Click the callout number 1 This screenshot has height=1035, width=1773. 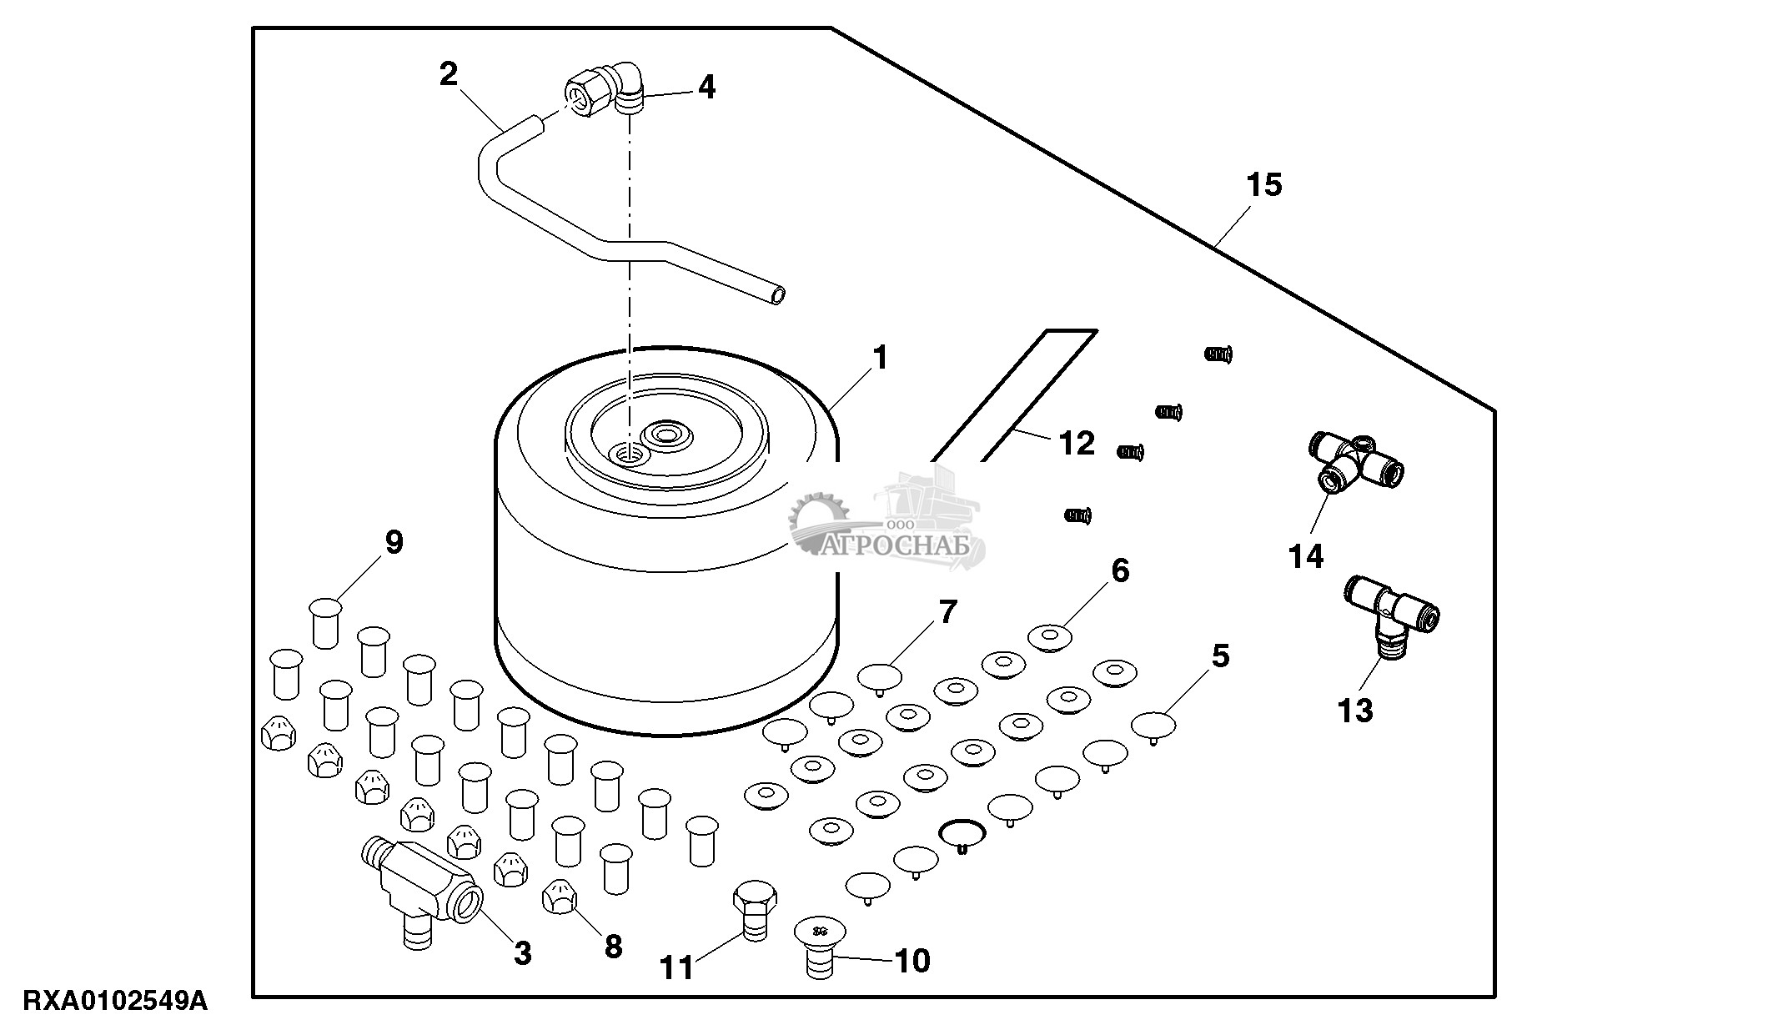click(879, 359)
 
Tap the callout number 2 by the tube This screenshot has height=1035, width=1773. click(449, 75)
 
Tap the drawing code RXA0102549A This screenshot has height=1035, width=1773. click(115, 1001)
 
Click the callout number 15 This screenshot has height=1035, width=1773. click(1264, 185)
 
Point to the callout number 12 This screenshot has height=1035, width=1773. click(1076, 443)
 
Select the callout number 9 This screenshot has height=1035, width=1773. click(394, 543)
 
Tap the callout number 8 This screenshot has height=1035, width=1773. click(613, 947)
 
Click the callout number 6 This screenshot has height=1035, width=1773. click(1120, 571)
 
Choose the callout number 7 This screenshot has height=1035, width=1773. click(948, 613)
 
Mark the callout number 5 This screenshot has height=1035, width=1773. click(1220, 656)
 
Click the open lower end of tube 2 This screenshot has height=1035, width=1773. click(778, 295)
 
